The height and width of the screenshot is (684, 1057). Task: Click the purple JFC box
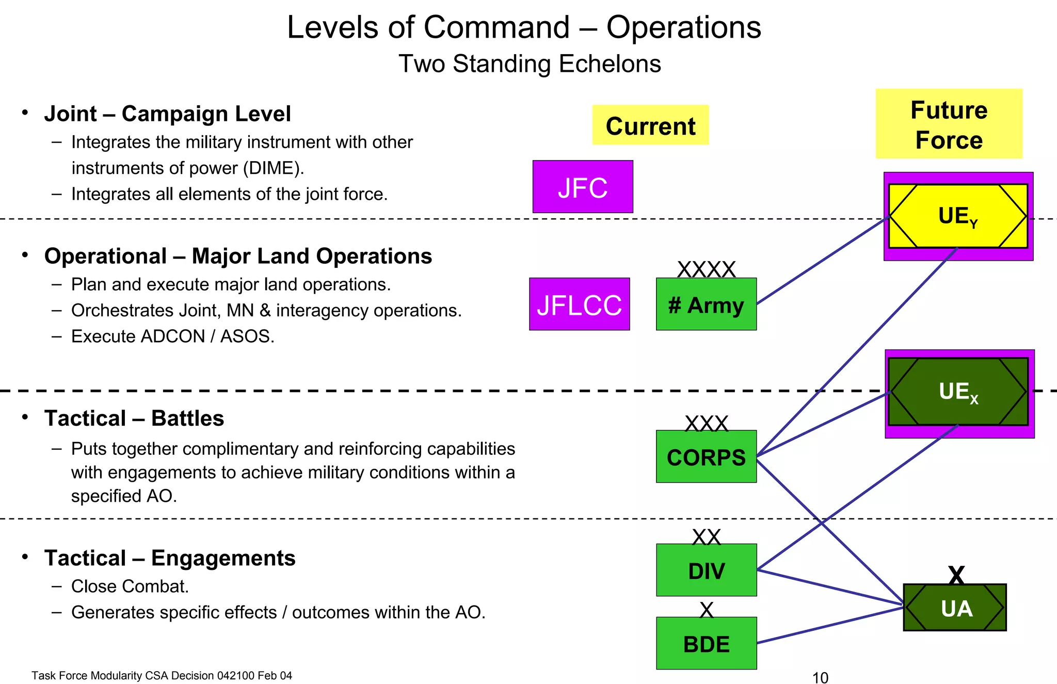[583, 187]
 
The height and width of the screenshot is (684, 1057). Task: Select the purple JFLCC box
[579, 304]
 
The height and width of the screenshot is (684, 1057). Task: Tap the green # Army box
[706, 305]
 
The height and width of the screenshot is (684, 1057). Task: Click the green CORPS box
[706, 457]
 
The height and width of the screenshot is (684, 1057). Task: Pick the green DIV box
[706, 570]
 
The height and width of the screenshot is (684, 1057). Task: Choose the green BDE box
[706, 644]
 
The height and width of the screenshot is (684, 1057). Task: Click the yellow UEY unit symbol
[958, 216]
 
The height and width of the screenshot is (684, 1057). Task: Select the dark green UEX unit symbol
[958, 391]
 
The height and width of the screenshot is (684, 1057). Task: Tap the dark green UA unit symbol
[955, 608]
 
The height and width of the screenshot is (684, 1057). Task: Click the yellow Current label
[650, 125]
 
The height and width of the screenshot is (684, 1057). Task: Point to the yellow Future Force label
[949, 124]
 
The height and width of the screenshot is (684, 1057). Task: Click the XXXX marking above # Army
[706, 269]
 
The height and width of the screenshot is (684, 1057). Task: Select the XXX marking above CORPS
[706, 423]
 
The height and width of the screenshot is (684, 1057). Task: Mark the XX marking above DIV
[706, 537]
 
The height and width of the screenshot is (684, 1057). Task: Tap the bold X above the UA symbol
[956, 574]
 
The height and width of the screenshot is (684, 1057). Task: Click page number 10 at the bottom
[820, 677]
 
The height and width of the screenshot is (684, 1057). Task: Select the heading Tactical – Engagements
[170, 558]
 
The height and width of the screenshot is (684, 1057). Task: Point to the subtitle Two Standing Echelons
[530, 64]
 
